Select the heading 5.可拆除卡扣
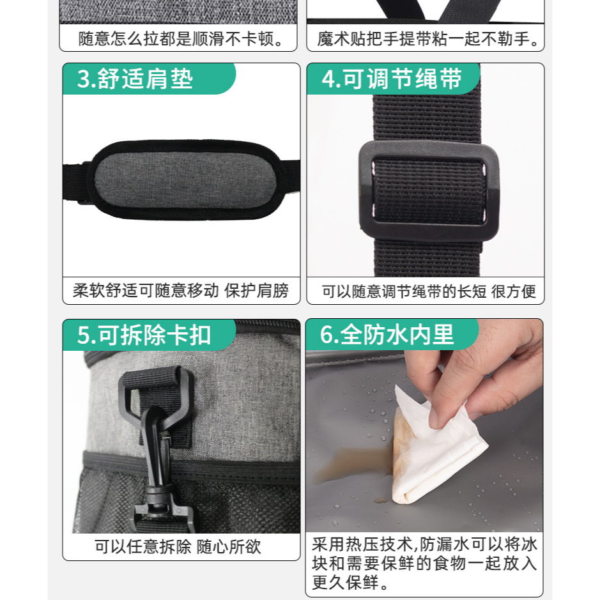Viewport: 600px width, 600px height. tap(144, 335)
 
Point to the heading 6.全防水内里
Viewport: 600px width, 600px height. tap(387, 334)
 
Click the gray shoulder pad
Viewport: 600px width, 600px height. tap(186, 180)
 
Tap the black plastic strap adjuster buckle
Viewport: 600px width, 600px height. tap(429, 191)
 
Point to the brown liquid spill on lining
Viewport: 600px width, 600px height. tap(350, 465)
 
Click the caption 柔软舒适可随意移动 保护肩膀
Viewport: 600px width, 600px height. tap(181, 291)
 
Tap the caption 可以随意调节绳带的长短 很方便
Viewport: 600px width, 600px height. tap(429, 291)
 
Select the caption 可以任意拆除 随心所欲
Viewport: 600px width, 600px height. tap(178, 546)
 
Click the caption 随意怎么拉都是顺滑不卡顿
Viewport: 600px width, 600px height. tap(181, 38)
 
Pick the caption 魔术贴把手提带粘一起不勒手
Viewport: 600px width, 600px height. tap(428, 38)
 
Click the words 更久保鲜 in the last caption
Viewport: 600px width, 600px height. tap(346, 582)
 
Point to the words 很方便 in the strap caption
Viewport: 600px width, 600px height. tap(514, 291)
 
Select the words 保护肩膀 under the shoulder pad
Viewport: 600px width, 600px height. tap(257, 291)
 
